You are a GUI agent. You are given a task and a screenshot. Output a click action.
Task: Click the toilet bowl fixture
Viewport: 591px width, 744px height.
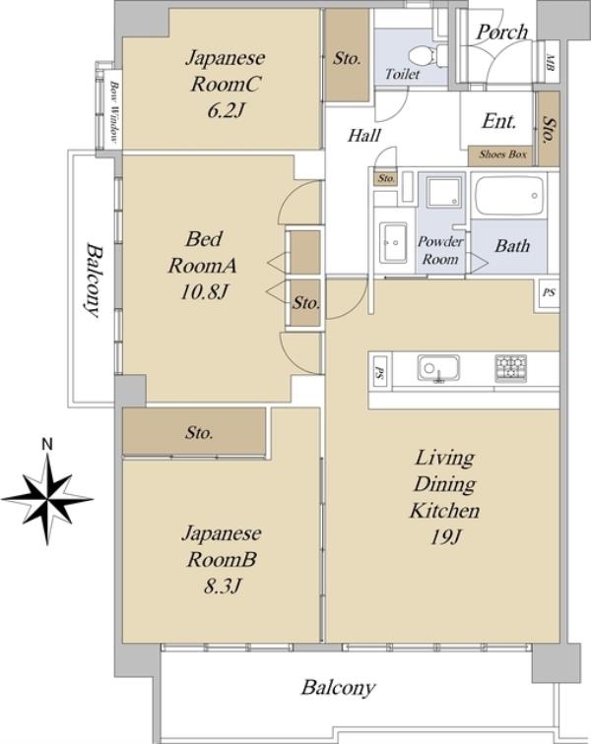428,55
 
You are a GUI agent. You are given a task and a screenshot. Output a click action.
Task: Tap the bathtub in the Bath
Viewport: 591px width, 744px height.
510,197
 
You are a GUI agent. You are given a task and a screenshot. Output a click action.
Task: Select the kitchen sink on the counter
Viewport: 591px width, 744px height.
438,368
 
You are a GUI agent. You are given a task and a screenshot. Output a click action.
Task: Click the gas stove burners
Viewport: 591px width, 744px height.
511,368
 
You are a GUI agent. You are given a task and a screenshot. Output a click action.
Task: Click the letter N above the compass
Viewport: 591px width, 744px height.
47,445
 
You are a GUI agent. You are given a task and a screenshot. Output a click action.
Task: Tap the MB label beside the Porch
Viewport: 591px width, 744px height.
551,62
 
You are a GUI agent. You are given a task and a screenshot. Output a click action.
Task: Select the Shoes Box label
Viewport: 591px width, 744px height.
502,155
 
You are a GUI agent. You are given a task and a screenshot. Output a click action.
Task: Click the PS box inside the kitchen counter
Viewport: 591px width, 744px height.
380,371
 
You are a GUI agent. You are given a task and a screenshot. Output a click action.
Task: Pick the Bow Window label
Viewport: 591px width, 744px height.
114,112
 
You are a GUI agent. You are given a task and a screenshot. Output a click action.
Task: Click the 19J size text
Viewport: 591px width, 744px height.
445,537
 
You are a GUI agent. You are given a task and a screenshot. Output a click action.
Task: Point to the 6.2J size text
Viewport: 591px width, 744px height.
226,111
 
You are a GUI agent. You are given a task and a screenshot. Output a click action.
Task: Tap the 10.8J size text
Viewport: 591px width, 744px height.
204,292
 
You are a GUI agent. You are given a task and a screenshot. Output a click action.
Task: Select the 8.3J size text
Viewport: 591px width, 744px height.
222,587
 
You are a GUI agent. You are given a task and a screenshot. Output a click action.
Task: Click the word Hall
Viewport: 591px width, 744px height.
363,136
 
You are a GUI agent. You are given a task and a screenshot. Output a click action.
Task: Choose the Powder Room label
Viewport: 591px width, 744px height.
440,251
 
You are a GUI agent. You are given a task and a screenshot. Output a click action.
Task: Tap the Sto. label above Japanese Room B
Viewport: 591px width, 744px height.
199,433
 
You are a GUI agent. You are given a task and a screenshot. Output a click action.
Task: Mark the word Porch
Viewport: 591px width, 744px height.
502,32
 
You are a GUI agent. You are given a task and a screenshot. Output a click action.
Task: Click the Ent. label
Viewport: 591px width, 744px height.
498,121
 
